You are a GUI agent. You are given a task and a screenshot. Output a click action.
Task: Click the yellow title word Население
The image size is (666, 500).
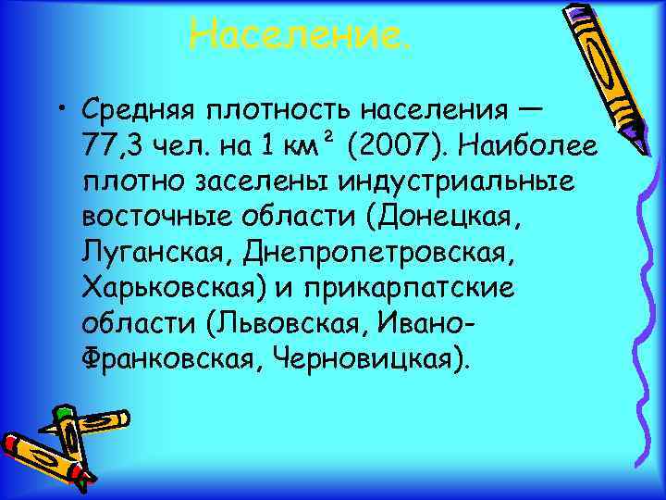(298, 35)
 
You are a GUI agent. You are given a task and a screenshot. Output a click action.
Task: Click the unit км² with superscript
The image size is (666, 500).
(295, 145)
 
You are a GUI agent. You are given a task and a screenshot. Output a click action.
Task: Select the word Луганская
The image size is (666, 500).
(153, 253)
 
